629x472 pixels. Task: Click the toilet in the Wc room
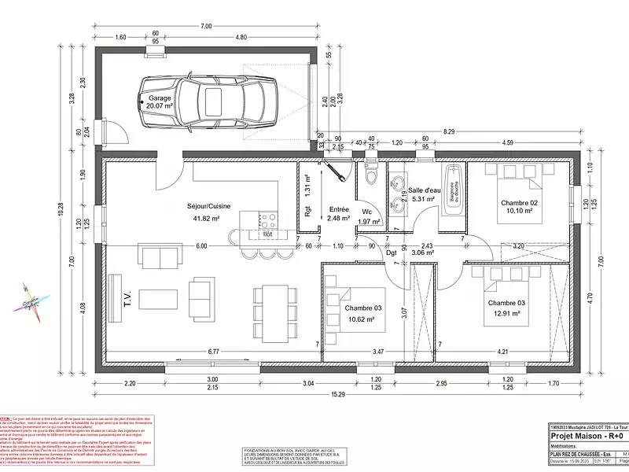point(370,179)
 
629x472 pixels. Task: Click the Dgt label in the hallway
point(391,253)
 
